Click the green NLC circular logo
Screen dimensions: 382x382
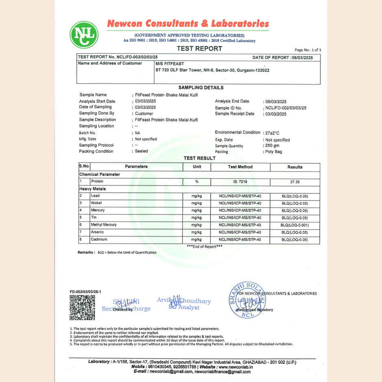(x=84, y=35)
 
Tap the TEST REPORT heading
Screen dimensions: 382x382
(x=200, y=49)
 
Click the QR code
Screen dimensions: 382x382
(x=82, y=308)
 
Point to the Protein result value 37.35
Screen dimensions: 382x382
(x=295, y=182)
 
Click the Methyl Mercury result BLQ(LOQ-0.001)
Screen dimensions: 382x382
(x=295, y=225)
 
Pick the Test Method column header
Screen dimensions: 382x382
(x=240, y=167)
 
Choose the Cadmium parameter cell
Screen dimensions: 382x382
(x=99, y=240)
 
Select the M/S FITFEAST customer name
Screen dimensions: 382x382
(x=170, y=64)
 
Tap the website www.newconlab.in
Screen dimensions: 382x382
(x=236, y=367)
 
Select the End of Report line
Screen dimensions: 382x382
(x=204, y=247)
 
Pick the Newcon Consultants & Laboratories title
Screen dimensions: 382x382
(x=188, y=24)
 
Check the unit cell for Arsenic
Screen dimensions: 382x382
(x=197, y=232)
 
